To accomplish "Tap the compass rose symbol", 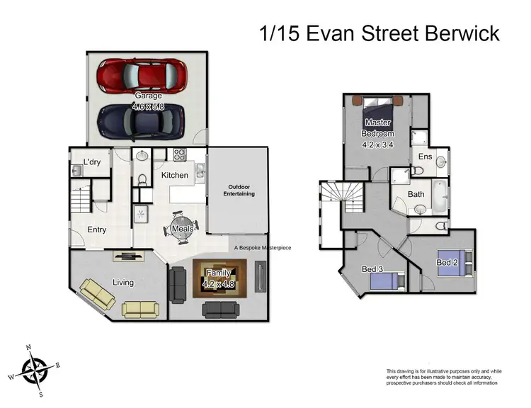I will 34,370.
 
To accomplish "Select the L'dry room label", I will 92,162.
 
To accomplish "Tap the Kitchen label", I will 174,175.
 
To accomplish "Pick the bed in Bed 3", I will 387,282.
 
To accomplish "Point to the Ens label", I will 425,157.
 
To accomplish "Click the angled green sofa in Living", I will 97,293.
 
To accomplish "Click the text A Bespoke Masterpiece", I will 262,248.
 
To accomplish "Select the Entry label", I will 97,229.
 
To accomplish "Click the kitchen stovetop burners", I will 176,154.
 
